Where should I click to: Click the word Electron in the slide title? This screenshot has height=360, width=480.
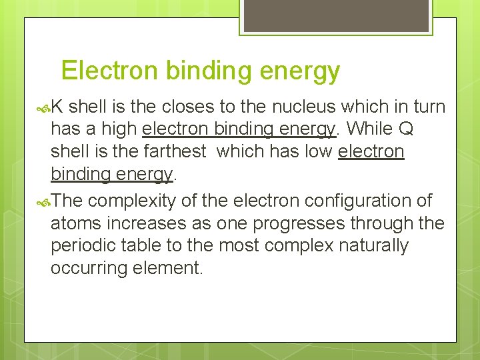101,71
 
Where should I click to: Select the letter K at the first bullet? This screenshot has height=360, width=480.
57,107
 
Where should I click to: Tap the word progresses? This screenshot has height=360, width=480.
316,224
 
